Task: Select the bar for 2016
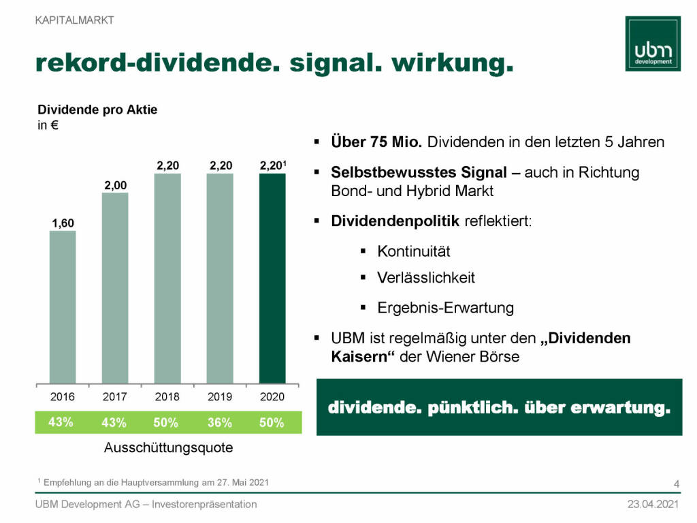click(63, 307)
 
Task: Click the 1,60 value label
click(63, 223)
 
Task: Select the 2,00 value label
click(115, 185)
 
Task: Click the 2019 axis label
click(220, 396)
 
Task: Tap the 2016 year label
click(63, 396)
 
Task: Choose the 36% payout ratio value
click(219, 423)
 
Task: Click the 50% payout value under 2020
click(272, 423)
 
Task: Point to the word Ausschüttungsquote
click(168, 448)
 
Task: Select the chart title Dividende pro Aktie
click(97, 110)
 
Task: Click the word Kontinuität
click(414, 251)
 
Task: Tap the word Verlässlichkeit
click(426, 278)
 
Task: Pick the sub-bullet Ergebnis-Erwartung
click(445, 308)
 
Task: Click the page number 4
click(676, 484)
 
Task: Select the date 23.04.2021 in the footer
click(653, 505)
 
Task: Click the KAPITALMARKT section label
click(75, 20)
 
